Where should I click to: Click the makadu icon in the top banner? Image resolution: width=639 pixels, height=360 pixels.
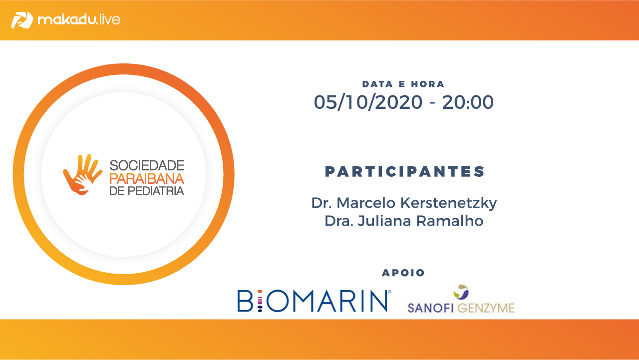(22, 20)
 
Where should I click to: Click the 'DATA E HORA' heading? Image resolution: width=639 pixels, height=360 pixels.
(403, 84)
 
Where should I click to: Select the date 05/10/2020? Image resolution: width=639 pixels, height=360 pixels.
(368, 102)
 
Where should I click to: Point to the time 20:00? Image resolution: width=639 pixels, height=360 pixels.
(468, 102)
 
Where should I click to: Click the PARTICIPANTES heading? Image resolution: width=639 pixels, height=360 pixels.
(405, 172)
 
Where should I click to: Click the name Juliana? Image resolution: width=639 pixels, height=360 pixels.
(385, 221)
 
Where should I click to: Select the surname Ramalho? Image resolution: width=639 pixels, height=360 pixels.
(450, 221)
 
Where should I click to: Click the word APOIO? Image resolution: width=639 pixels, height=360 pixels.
(403, 273)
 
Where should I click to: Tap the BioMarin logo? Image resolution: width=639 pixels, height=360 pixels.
(314, 301)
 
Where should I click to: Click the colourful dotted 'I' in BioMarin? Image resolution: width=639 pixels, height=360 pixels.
(260, 301)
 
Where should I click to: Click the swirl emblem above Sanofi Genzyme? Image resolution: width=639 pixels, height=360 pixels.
(461, 292)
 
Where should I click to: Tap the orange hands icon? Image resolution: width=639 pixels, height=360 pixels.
(83, 175)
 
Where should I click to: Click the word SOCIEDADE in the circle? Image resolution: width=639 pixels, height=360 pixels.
(147, 165)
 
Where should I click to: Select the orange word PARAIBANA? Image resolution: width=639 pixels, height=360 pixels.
(147, 179)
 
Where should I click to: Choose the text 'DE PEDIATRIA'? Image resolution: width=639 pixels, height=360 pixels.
(147, 191)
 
